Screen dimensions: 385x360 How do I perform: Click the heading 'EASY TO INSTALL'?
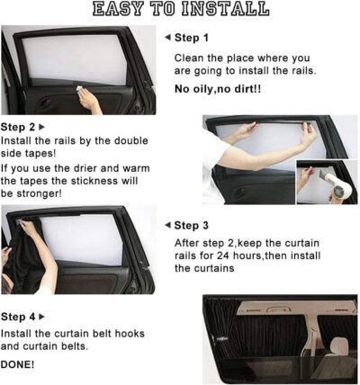[x=180, y=10]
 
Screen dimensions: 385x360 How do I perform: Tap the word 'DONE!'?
[x=18, y=364]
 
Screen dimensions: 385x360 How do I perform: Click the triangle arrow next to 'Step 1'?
[x=167, y=38]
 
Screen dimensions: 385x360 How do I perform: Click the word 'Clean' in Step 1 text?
[x=190, y=58]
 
